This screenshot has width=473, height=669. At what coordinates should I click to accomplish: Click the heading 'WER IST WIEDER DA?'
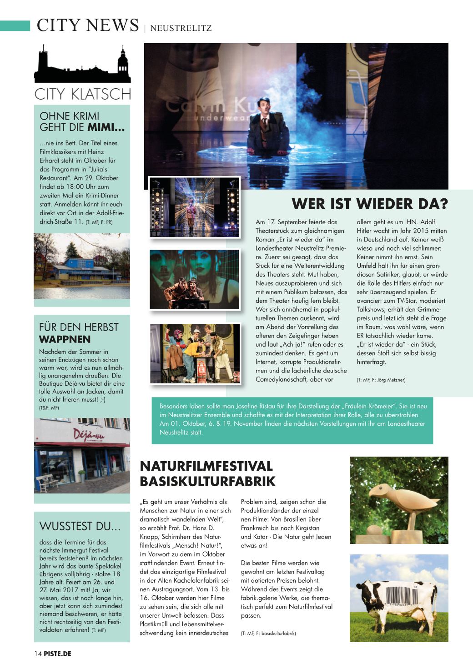click(369, 204)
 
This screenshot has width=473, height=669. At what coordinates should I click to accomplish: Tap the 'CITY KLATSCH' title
click(82, 94)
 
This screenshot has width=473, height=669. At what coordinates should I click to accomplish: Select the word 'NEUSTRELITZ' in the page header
click(181, 28)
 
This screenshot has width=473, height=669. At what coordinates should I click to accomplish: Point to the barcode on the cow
click(400, 594)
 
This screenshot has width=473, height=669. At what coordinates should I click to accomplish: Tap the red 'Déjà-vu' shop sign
click(89, 434)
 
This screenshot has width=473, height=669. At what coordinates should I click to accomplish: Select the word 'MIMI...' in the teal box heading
click(106, 128)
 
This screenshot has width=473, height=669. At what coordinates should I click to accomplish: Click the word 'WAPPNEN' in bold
click(65, 339)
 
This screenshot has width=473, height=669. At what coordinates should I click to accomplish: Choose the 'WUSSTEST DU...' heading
click(80, 526)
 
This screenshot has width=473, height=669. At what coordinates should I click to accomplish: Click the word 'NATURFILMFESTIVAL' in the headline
click(206, 466)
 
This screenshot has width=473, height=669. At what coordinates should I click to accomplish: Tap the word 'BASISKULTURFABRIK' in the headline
click(207, 481)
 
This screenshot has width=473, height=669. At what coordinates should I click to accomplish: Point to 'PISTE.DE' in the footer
click(58, 654)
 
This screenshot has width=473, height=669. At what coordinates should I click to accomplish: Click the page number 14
click(38, 654)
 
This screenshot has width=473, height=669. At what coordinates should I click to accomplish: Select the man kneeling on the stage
click(263, 127)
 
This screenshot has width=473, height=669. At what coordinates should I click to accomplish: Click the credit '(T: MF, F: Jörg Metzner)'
click(381, 380)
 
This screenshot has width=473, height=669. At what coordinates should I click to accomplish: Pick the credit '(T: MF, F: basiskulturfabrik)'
click(268, 633)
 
